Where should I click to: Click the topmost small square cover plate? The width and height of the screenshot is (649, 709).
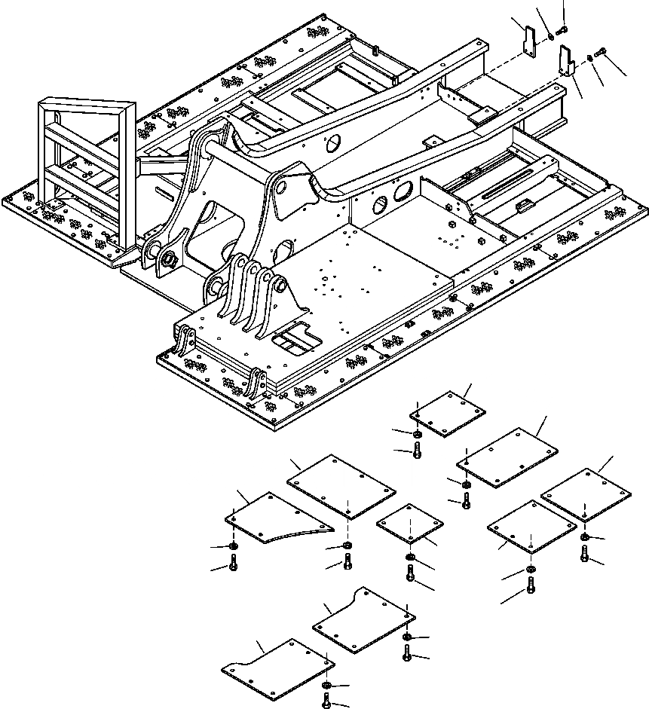[x=448, y=413]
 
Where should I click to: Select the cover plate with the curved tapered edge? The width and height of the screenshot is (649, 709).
[x=276, y=518]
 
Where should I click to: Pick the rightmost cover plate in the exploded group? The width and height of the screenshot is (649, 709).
[x=586, y=494]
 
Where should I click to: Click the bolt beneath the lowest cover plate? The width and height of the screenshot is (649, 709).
[x=326, y=701]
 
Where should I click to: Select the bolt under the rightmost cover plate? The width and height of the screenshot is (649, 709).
[x=584, y=554]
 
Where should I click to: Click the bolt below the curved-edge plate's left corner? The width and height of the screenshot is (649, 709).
[x=234, y=561]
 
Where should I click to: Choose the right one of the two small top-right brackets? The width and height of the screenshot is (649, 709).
[x=565, y=61]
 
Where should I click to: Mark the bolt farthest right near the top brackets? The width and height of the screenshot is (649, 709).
[x=600, y=52]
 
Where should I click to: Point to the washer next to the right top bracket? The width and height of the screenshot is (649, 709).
[x=589, y=57]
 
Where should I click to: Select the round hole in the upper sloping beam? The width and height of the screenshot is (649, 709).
[x=332, y=144]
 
